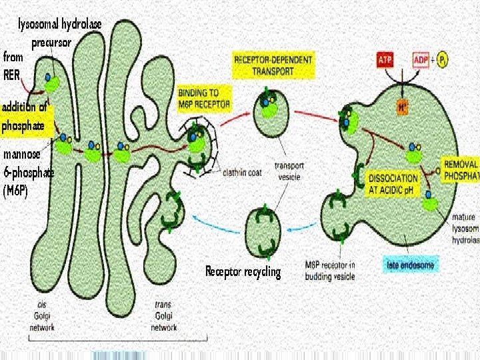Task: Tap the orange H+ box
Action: coord(402,105)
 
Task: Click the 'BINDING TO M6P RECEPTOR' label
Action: coord(204,98)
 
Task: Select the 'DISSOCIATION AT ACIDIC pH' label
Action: coord(394,183)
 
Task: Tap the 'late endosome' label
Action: coord(411,265)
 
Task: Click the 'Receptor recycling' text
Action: coord(243,271)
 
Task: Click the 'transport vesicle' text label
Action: coord(289,171)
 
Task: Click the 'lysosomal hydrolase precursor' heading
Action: coord(59,32)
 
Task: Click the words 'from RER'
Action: coord(13,65)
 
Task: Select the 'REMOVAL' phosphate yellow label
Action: coord(460,170)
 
